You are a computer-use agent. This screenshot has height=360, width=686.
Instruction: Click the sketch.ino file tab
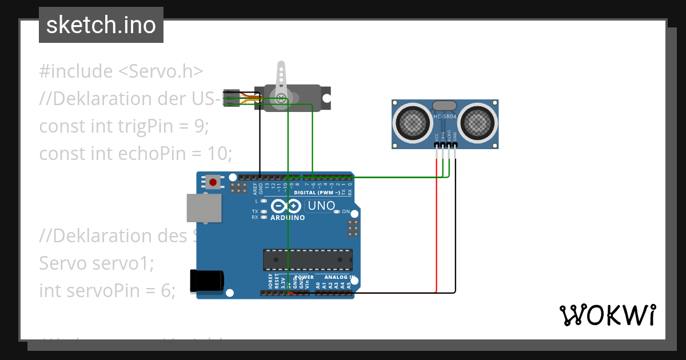click(x=101, y=25)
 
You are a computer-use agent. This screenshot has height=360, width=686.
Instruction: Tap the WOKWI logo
click(x=607, y=315)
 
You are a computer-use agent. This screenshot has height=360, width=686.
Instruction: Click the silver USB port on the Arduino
click(x=204, y=207)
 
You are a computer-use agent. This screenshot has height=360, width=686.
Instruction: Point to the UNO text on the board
click(x=321, y=206)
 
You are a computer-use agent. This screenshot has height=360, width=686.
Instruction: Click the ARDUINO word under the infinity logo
click(x=288, y=218)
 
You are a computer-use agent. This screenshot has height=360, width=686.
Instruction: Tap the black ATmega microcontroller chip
click(x=308, y=259)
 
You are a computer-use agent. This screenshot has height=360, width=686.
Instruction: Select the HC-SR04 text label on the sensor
click(x=445, y=117)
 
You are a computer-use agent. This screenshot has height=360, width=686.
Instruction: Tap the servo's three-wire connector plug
click(x=232, y=98)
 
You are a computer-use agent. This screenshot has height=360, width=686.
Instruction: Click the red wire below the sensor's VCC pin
click(x=437, y=229)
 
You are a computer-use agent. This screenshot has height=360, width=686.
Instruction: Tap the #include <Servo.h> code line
click(x=121, y=71)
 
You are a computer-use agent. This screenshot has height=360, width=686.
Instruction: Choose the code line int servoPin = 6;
click(x=107, y=290)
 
